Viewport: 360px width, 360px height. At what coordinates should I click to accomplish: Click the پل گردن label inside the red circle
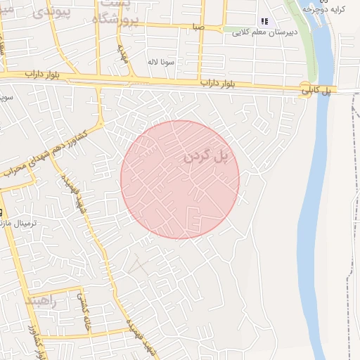207,157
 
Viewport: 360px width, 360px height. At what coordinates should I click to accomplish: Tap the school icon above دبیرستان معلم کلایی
264,21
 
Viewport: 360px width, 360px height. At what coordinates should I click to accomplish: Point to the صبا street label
198,27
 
